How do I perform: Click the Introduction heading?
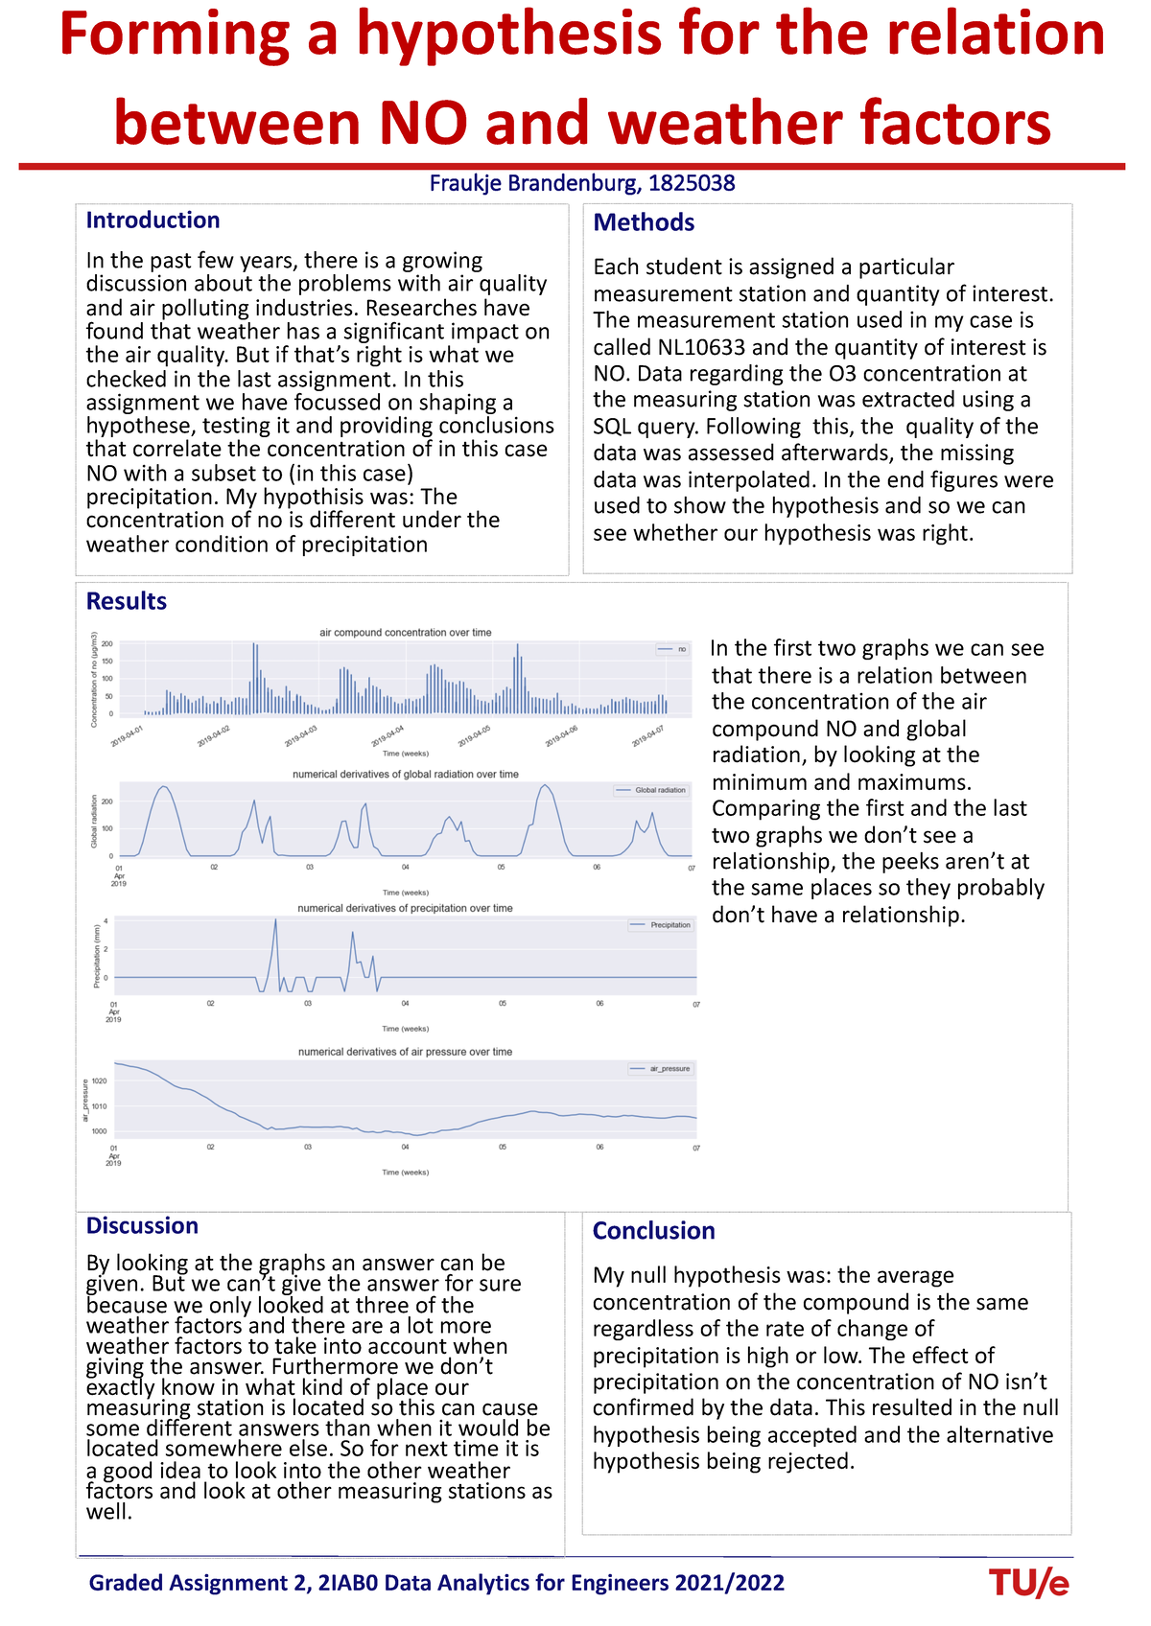[153, 221]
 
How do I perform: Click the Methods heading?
[644, 222]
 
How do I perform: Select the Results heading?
[126, 601]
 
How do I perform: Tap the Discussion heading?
[142, 1225]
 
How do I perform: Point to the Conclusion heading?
[653, 1231]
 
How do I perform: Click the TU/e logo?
[1028, 1584]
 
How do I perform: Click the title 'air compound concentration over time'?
[405, 633]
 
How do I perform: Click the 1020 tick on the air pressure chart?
[100, 1080]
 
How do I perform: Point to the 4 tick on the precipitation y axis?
[106, 920]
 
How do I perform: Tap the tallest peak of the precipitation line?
[275, 919]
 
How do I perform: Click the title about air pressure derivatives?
[405, 1052]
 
